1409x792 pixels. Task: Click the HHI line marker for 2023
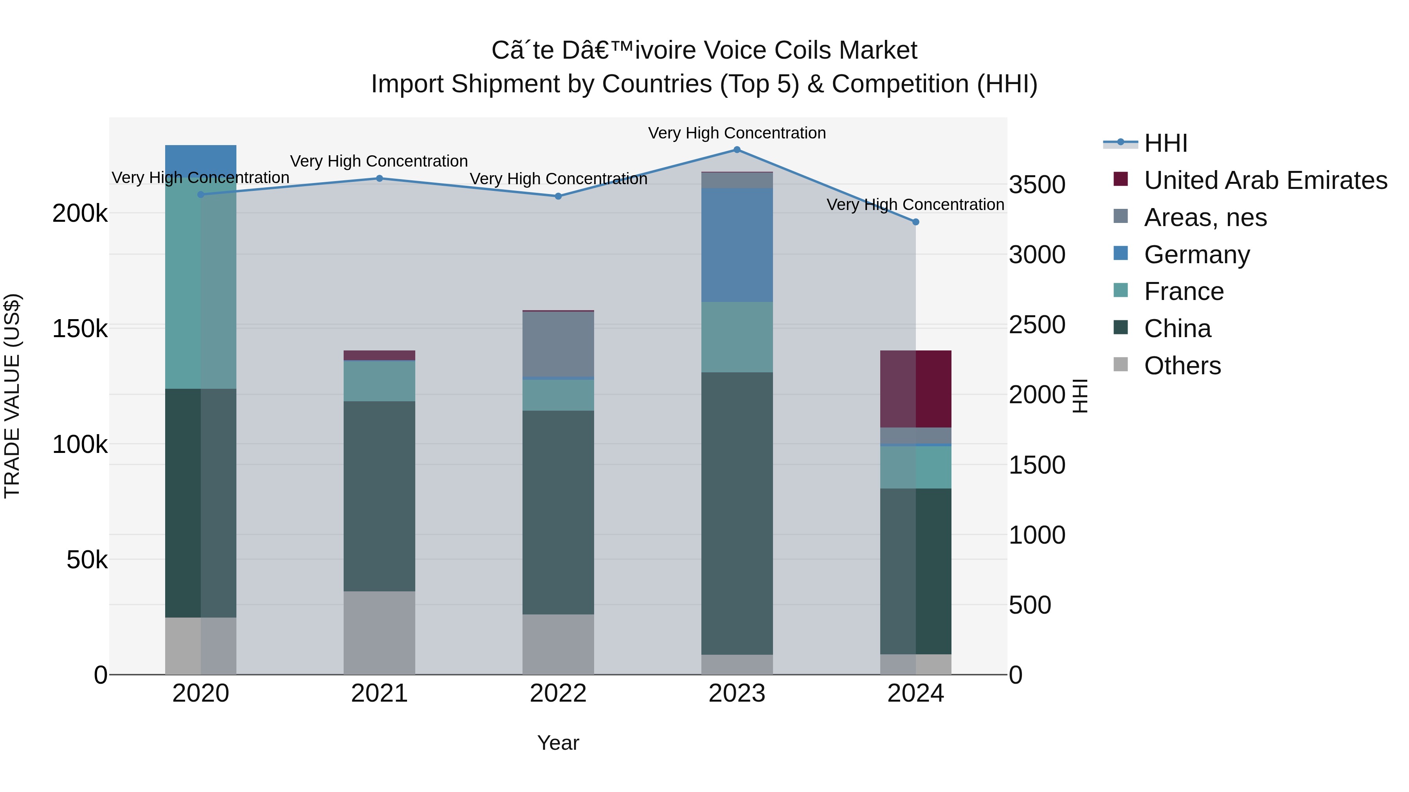click(737, 150)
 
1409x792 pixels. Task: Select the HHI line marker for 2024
click(915, 222)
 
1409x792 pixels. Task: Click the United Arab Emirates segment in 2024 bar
click(915, 389)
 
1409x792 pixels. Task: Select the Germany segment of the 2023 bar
click(737, 245)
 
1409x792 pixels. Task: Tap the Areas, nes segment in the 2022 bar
click(558, 344)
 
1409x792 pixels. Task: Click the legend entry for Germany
click(1196, 255)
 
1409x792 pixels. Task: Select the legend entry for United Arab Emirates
click(1265, 180)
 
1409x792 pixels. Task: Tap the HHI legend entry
click(1165, 143)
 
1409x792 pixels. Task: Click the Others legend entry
click(1182, 366)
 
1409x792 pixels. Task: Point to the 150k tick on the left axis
click(80, 329)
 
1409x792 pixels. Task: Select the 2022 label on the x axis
click(558, 693)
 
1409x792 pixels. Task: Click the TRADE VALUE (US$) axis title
click(12, 396)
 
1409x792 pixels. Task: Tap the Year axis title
click(558, 743)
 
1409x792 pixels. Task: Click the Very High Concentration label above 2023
click(737, 133)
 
